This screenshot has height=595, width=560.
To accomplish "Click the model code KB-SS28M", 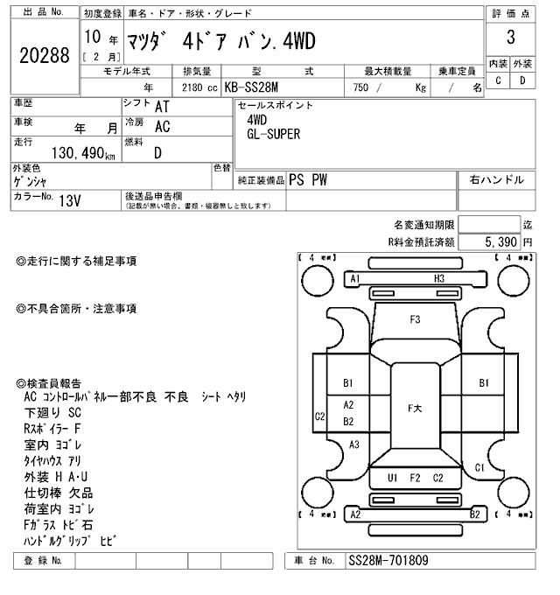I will point(254,87).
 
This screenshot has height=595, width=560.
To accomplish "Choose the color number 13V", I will point(69,199).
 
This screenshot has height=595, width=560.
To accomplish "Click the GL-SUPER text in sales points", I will point(273,134).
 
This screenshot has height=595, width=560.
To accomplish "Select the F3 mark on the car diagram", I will point(416,319).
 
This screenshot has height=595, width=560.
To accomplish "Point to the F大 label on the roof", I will point(416,408).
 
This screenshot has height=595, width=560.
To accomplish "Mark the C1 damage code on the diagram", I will point(479,467).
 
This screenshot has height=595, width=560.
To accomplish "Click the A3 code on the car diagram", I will point(354,444).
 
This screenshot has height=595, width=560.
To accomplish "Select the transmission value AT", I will point(162,106).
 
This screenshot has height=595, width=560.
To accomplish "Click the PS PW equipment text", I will point(307,179).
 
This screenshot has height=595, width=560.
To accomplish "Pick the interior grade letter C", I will point(498,80).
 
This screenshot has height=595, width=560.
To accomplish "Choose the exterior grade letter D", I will point(522,80).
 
